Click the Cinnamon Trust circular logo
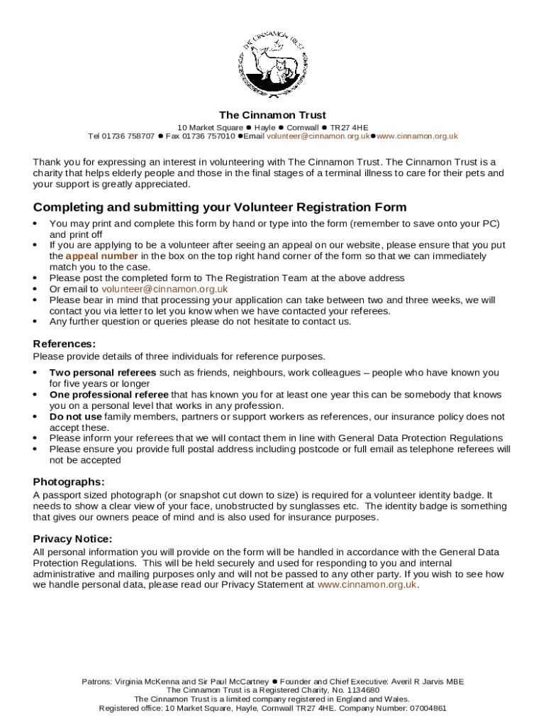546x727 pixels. click(272, 65)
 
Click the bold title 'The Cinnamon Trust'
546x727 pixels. click(272, 115)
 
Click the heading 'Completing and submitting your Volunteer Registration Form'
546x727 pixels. click(220, 207)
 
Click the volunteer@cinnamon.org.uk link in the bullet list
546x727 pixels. click(165, 289)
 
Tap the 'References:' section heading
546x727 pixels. click(65, 344)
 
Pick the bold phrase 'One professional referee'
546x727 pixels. click(108, 395)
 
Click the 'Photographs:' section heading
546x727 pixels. click(69, 482)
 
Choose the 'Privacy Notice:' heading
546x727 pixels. click(72, 539)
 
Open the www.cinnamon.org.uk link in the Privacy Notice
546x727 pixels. click(367, 585)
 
